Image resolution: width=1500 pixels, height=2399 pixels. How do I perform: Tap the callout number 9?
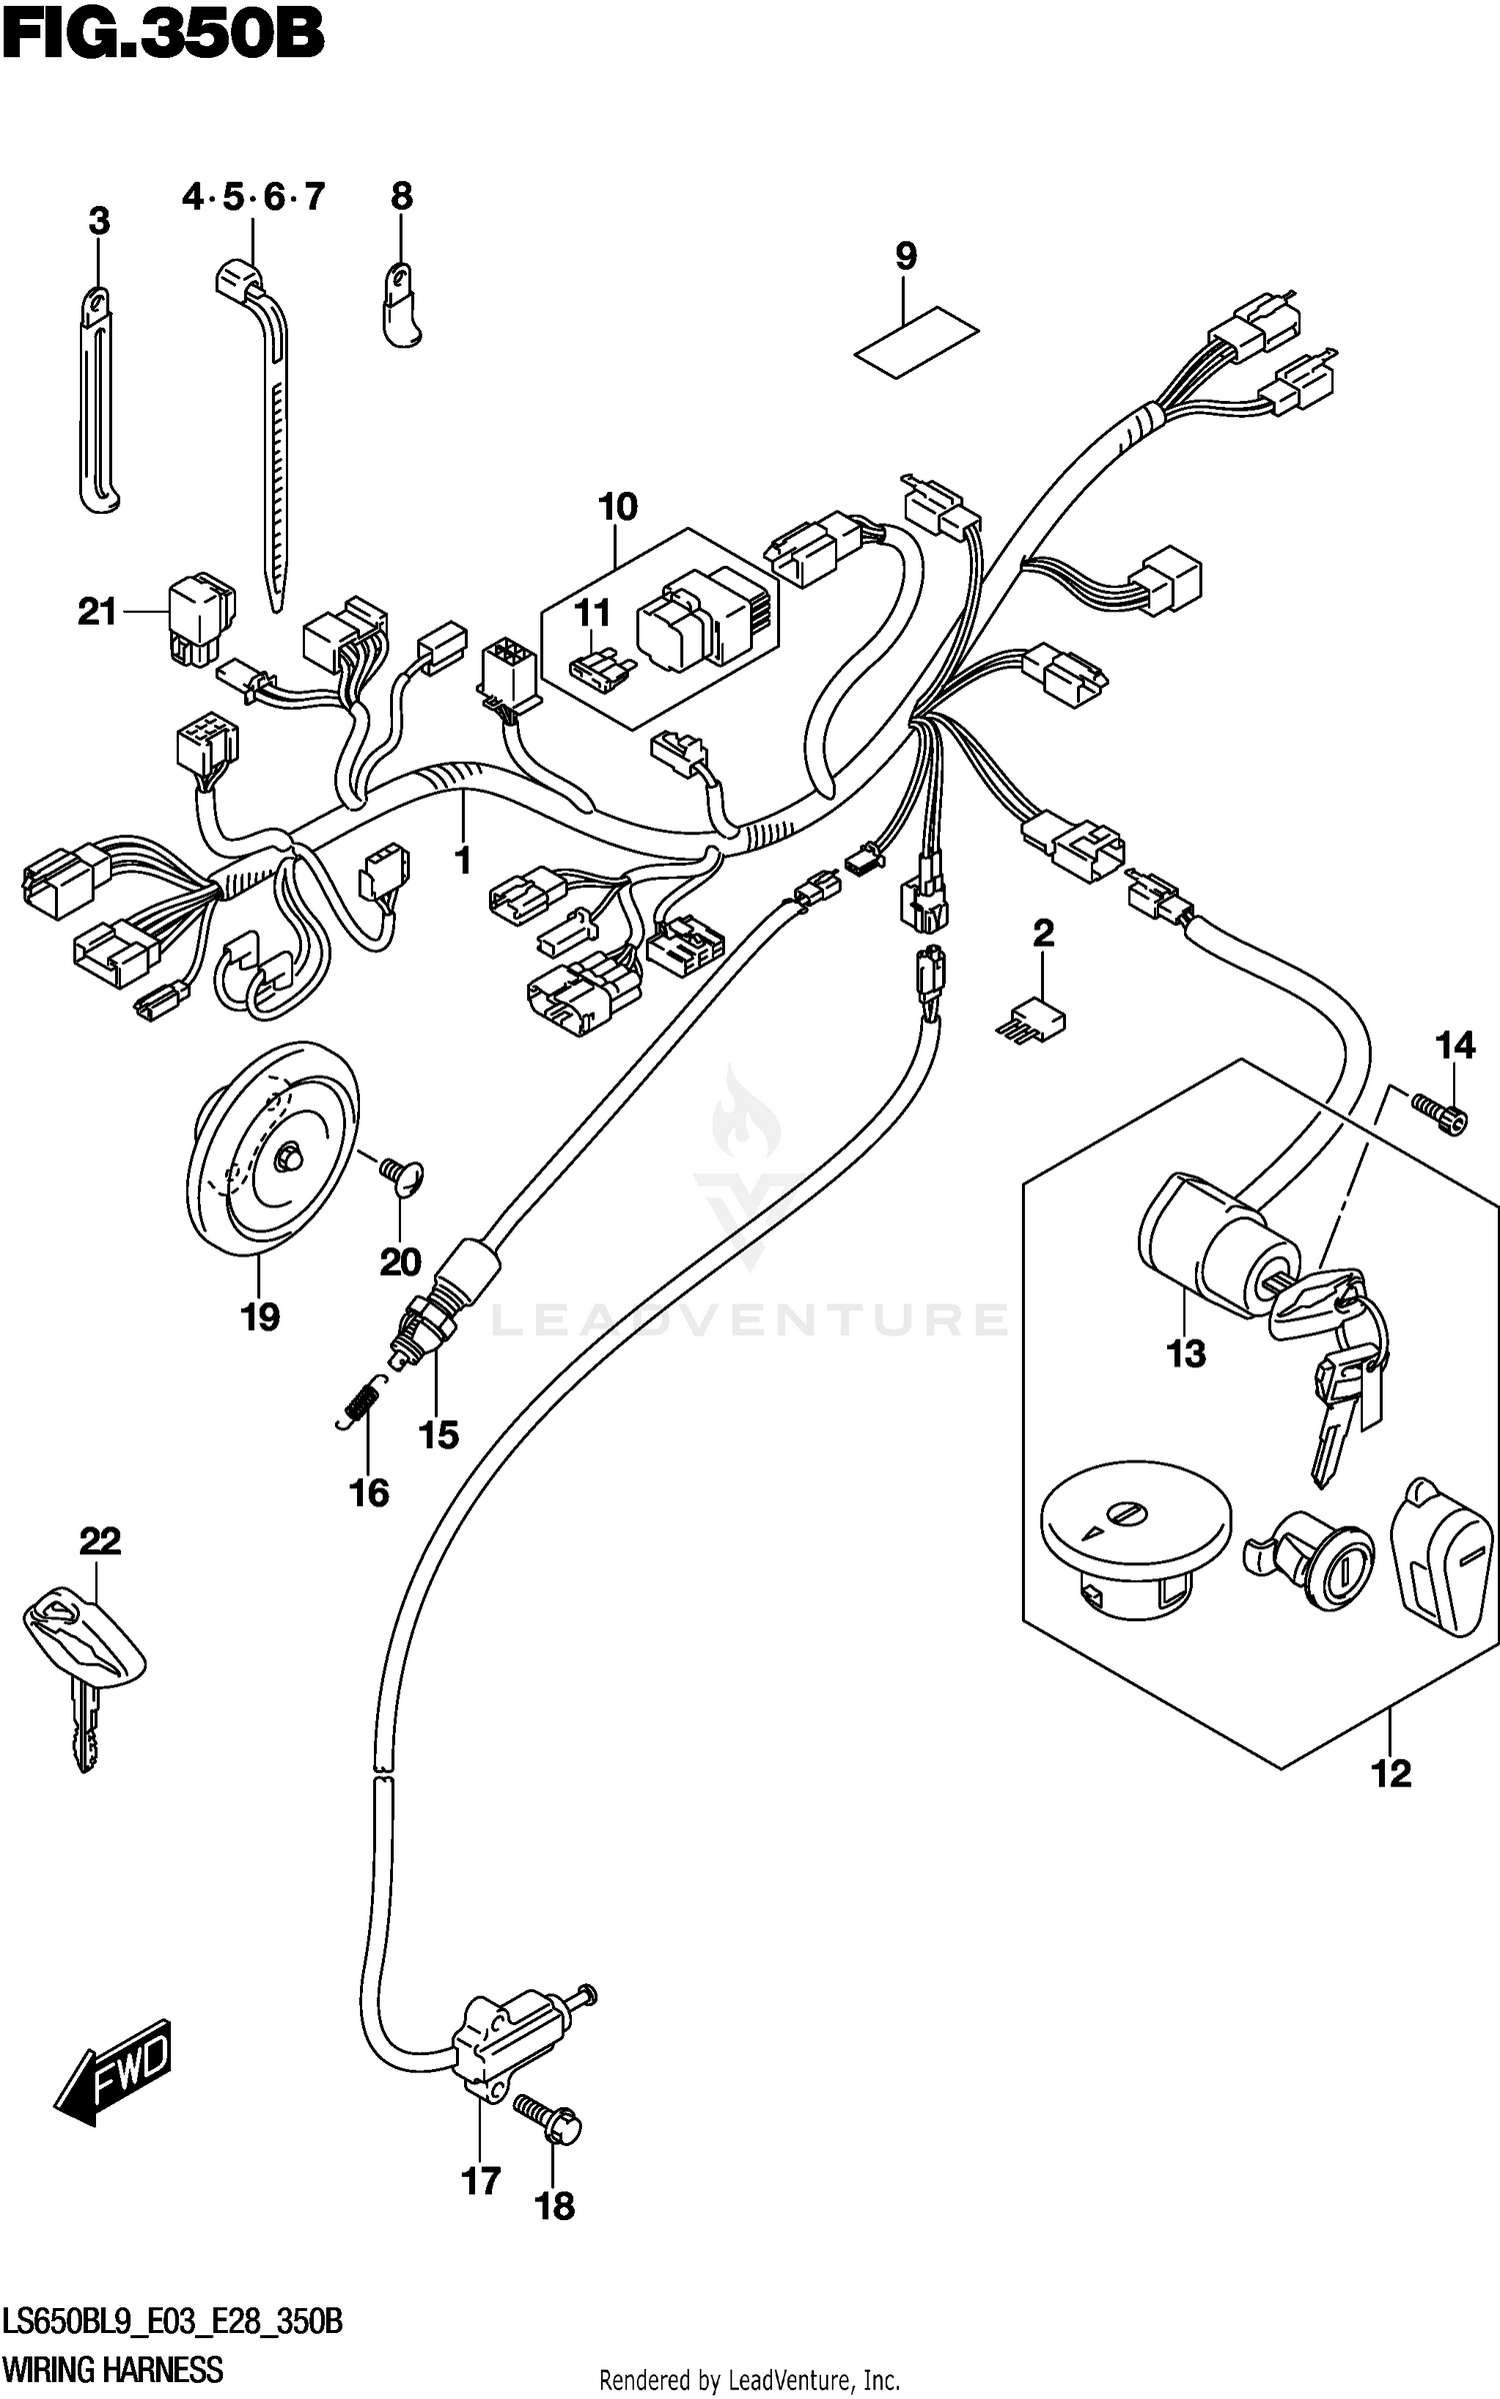[x=905, y=256]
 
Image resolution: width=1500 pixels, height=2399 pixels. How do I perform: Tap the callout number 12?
[x=1391, y=1773]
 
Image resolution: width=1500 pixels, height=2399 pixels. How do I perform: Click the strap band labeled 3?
[x=97, y=400]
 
